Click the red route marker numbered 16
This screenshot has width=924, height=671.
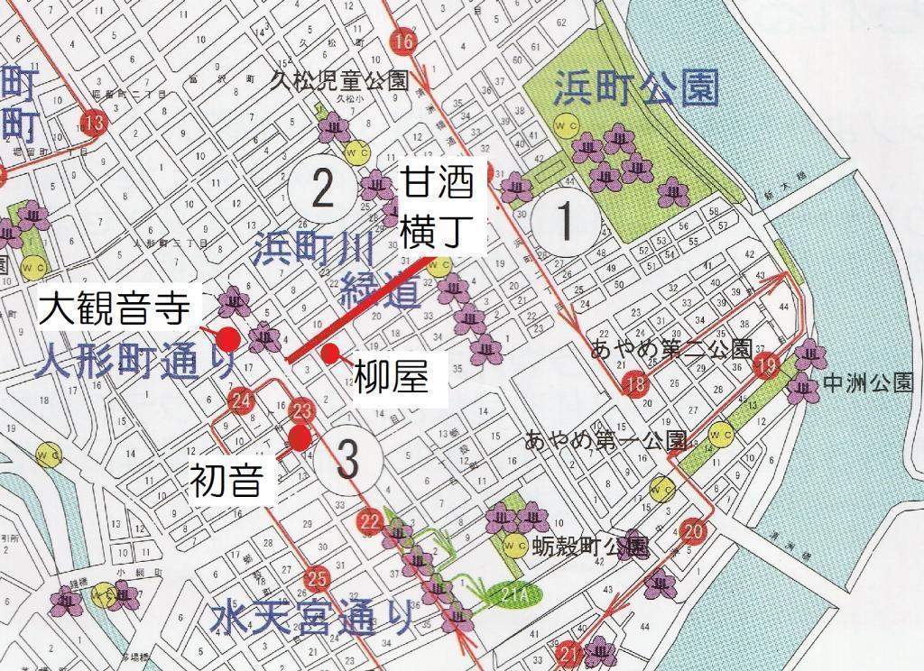point(405,42)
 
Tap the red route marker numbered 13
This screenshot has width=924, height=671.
point(93,121)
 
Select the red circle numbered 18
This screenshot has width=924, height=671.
point(635,385)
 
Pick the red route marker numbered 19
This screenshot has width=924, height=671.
point(767,365)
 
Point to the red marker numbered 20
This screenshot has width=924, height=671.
point(694,530)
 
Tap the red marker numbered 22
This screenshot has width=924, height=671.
point(370,520)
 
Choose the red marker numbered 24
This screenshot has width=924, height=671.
point(240,400)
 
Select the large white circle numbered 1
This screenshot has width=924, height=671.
point(565,219)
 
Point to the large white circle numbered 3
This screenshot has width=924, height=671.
point(348,459)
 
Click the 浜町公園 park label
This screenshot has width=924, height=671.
point(636,90)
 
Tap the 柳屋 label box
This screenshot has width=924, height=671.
point(391,377)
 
